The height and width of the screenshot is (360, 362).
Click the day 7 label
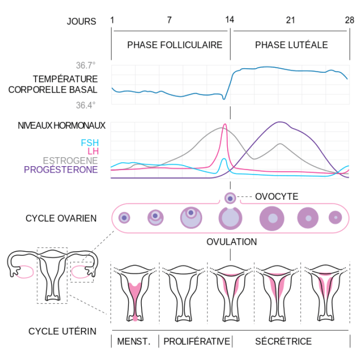pos(169,20)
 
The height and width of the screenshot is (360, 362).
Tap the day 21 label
pos(290,20)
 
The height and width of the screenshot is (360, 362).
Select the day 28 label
pos(349,20)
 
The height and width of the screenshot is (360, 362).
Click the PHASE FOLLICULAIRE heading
pos(175,45)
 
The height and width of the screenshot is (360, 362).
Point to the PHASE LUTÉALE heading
pos(291,45)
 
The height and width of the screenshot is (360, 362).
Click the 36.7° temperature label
pos(85,65)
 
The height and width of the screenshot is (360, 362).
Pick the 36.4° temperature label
pos(85,105)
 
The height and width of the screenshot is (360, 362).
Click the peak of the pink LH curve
pos(225,125)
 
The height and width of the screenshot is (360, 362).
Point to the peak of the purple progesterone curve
pos(280,122)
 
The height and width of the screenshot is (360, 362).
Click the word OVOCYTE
pos(277,197)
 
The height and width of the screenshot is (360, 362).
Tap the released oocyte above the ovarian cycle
pos(230,198)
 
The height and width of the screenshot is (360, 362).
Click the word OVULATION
pos(232,242)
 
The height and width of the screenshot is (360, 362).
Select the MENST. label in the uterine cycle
pos(133,341)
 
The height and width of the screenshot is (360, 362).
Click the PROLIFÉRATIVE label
pos(197,341)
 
